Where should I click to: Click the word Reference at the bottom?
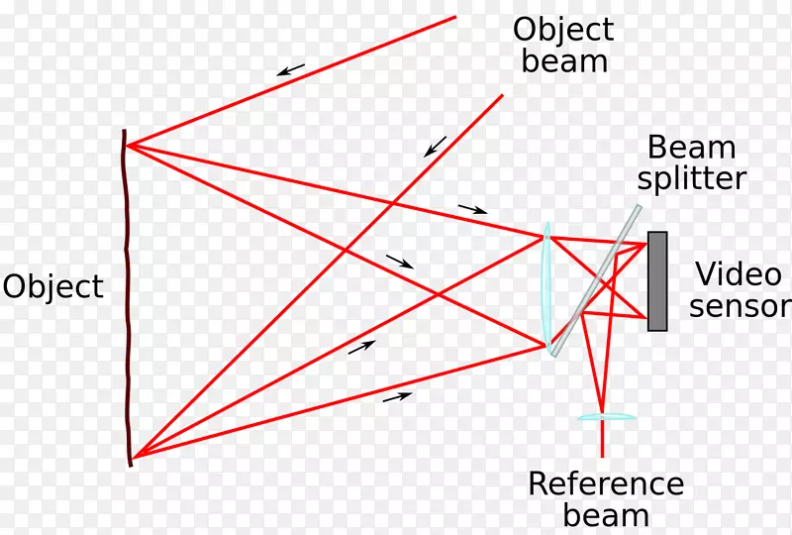click(x=606, y=483)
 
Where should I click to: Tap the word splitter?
click(x=691, y=179)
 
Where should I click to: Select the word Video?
click(x=731, y=273)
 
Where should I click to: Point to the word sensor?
click(x=741, y=305)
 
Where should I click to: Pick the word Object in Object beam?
click(x=563, y=29)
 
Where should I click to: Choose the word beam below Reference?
click(x=606, y=515)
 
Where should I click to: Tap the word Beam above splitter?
click(x=691, y=149)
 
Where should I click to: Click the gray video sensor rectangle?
click(x=657, y=280)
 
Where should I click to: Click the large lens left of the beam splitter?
click(x=545, y=287)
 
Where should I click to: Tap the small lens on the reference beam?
click(x=606, y=417)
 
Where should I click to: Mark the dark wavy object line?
click(x=127, y=297)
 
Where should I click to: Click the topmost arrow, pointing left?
click(x=290, y=69)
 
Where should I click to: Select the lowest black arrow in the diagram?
click(x=397, y=396)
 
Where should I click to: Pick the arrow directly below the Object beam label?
click(x=435, y=146)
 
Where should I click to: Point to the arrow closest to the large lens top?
click(x=473, y=209)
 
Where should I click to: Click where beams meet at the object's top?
click(x=128, y=146)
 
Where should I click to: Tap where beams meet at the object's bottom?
click(x=134, y=456)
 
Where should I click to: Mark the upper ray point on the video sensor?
click(x=646, y=243)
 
